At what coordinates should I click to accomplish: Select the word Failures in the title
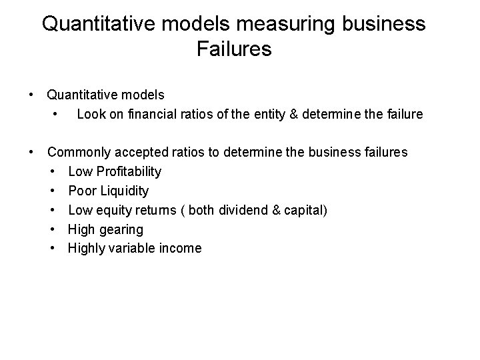tap(235, 49)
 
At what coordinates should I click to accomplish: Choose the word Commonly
tap(79, 152)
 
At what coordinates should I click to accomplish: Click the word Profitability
tap(127, 171)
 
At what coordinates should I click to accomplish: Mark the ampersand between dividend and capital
tap(277, 210)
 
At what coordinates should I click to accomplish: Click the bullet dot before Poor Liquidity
tap(53, 191)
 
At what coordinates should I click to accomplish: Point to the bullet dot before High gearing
tap(53, 229)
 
